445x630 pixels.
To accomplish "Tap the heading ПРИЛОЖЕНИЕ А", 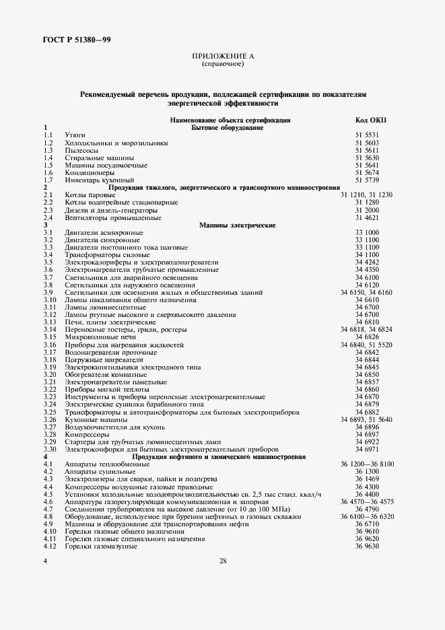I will tap(222, 57).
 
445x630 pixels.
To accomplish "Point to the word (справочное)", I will tap(222, 65).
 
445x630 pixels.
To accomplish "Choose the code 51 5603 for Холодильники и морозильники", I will tap(368, 143).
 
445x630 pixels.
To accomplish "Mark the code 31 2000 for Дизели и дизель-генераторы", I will tap(368, 210).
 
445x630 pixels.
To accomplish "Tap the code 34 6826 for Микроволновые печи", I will tap(368, 337).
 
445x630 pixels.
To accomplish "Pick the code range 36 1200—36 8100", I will tap(368, 464).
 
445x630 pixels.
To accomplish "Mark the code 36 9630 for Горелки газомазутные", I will tap(368, 546).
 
